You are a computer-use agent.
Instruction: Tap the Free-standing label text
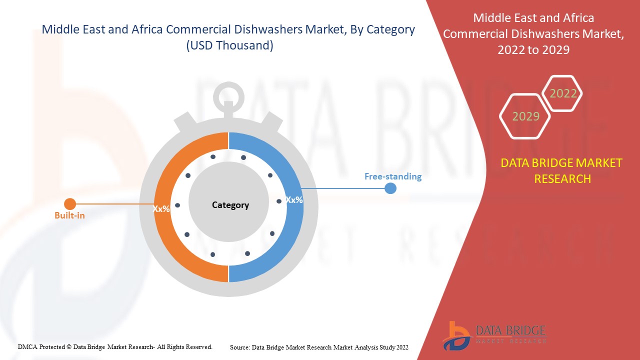pyautogui.click(x=392, y=176)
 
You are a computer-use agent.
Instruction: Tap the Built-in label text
pyautogui.click(x=69, y=216)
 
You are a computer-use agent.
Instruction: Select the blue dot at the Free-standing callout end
pyautogui.click(x=390, y=188)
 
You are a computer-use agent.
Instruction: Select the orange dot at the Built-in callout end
pyautogui.click(x=70, y=204)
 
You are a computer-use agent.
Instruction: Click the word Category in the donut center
pyautogui.click(x=230, y=205)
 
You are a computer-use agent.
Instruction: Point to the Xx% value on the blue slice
pyautogui.click(x=294, y=199)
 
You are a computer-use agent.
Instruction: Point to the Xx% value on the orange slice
pyautogui.click(x=161, y=209)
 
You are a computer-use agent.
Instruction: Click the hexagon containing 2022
pyautogui.click(x=563, y=93)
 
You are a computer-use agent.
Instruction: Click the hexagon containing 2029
pyautogui.click(x=525, y=116)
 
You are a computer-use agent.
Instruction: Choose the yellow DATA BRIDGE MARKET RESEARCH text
pyautogui.click(x=561, y=170)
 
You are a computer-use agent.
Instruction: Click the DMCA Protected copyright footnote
pyautogui.click(x=115, y=346)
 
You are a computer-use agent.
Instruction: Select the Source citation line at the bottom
pyautogui.click(x=319, y=347)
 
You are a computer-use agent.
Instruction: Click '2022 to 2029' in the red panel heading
pyautogui.click(x=533, y=50)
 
